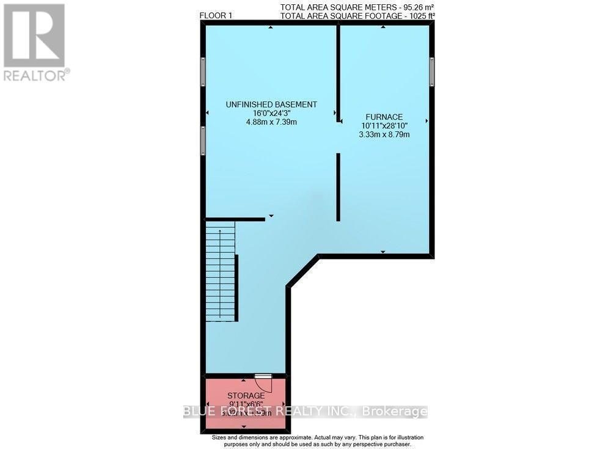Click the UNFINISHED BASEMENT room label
tap(271, 104)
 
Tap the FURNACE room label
tap(384, 116)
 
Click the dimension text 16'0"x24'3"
tap(271, 114)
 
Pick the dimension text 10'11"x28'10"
tap(384, 125)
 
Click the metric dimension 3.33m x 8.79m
tap(384, 134)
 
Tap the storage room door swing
tap(263, 383)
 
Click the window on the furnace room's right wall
tap(431, 71)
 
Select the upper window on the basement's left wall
tap(202, 73)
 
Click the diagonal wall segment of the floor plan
tap(303, 271)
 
